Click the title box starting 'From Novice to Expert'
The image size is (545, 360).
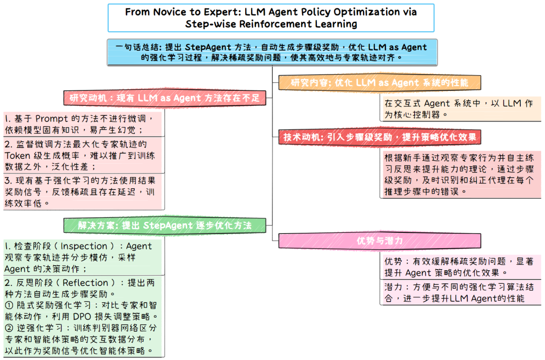coord(271,18)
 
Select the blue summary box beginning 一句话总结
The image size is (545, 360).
coord(272,52)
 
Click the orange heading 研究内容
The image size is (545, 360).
coord(379,83)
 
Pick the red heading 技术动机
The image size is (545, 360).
coord(379,137)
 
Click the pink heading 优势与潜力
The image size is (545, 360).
coord(379,241)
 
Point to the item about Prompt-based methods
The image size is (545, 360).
coord(83,124)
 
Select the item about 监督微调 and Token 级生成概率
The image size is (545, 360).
coord(83,155)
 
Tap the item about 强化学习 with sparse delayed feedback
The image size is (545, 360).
coord(83,191)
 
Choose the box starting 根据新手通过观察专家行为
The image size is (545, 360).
coord(460,174)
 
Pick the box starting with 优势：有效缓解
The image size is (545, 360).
coord(460,267)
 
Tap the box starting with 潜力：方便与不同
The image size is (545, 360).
coord(460,292)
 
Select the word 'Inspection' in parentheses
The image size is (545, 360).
coord(84,246)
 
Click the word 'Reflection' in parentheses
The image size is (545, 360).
coord(85,282)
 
